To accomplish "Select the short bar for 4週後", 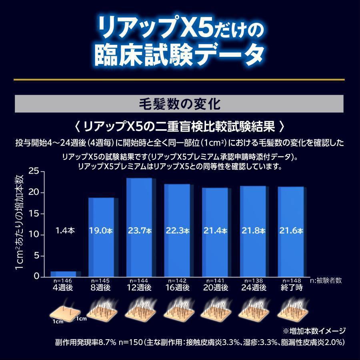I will [63, 274].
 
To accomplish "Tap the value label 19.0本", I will [101, 231].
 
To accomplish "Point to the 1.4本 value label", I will [65, 231].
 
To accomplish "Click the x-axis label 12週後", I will [139, 288].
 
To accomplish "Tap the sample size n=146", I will [64, 281].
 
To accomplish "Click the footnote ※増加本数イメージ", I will [314, 331].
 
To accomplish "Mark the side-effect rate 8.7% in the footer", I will [107, 343].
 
